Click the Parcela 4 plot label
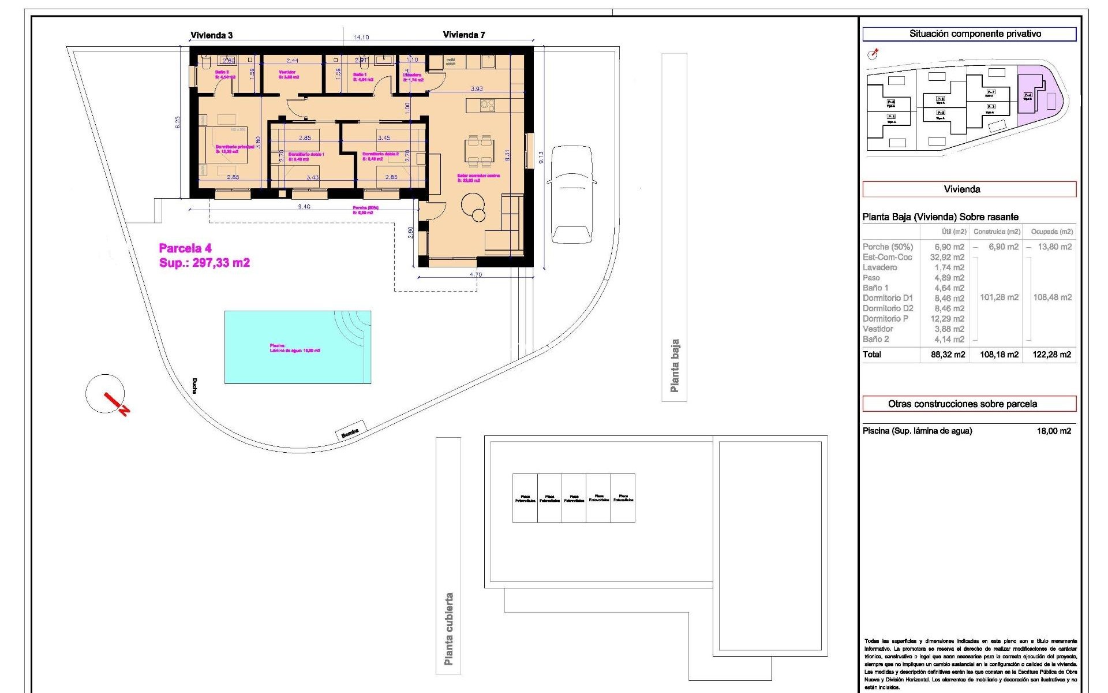pyautogui.click(x=185, y=249)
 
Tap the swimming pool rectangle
pyautogui.click(x=297, y=347)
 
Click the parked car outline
pyautogui.click(x=571, y=195)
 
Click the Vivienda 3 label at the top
pyautogui.click(x=212, y=35)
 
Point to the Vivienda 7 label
pyautogui.click(x=464, y=35)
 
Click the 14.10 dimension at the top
pyautogui.click(x=361, y=38)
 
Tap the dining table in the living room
pyautogui.click(x=480, y=150)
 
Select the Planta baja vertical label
pyautogui.click(x=674, y=366)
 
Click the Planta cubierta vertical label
pyautogui.click(x=448, y=629)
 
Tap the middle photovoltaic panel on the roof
pyautogui.click(x=574, y=498)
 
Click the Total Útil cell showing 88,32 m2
pyautogui.click(x=948, y=355)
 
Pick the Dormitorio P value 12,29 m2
pyautogui.click(x=949, y=319)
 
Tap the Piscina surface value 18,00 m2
pyautogui.click(x=1054, y=431)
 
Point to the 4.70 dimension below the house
pyautogui.click(x=476, y=274)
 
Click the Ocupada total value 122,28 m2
pyautogui.click(x=1051, y=355)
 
